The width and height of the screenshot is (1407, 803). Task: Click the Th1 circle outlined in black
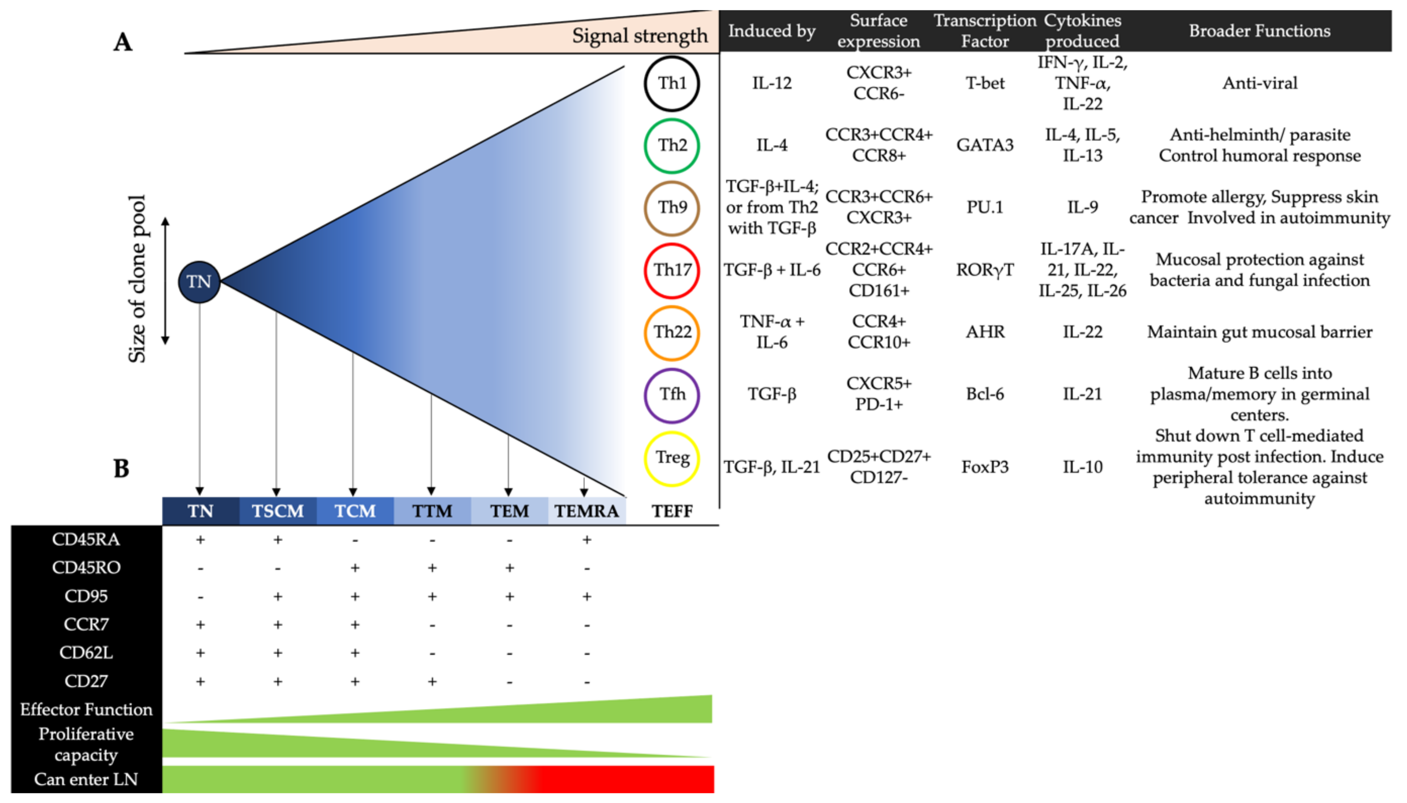coord(672,83)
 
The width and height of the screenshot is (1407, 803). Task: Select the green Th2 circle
coord(672,146)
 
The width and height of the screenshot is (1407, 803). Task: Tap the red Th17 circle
coord(672,270)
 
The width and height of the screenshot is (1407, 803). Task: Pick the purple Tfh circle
coord(672,395)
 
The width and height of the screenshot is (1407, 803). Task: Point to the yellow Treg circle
coord(672,458)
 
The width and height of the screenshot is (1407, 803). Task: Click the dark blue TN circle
coord(199,282)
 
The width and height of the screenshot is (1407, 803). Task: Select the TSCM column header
coord(277,511)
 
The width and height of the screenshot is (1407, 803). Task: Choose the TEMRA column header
coord(586,511)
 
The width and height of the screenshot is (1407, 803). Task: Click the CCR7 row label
coord(86,624)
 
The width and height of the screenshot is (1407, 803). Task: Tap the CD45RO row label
coord(86,567)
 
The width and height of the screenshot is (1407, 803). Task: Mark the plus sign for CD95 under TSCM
coord(278,596)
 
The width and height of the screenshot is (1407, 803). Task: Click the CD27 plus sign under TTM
coord(432,682)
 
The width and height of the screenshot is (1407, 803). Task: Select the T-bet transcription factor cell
coord(985,83)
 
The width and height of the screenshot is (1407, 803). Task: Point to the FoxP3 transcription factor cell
coord(985,467)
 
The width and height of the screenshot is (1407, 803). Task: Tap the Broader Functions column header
coord(1259,31)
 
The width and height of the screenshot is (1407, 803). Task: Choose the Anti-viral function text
coord(1260,83)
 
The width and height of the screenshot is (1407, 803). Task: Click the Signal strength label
coord(639,36)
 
